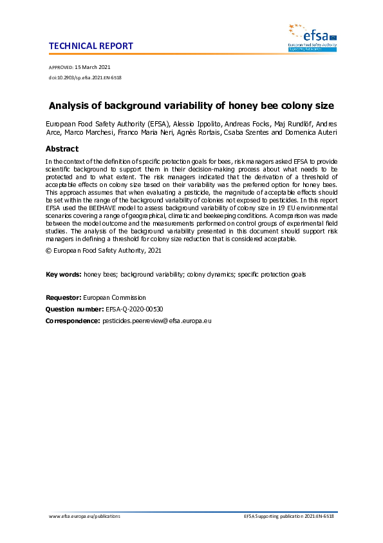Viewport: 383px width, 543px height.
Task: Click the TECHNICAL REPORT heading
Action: pos(91,46)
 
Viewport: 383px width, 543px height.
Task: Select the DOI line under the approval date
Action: pos(85,77)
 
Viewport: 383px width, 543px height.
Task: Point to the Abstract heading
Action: pos(62,149)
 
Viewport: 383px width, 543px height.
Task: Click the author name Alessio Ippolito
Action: pos(196,123)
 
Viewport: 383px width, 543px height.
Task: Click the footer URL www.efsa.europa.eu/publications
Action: pos(84,517)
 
